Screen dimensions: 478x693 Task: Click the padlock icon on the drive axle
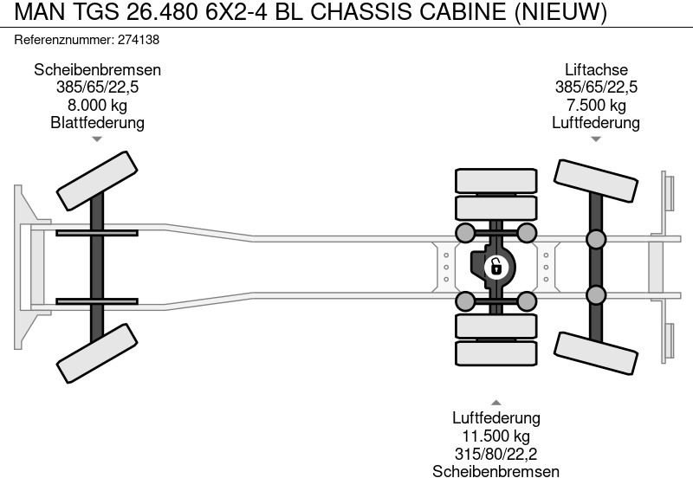[x=495, y=266]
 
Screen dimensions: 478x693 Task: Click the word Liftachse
[x=596, y=70]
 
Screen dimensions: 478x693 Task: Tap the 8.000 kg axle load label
[x=97, y=105]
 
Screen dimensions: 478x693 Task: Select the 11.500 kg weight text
[x=495, y=436]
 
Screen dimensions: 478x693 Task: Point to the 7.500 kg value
[x=596, y=105]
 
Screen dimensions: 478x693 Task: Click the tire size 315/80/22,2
[x=495, y=453]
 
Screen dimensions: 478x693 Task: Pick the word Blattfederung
[x=97, y=122]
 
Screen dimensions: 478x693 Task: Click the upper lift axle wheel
[x=596, y=178]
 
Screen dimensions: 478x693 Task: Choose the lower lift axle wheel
[x=596, y=352]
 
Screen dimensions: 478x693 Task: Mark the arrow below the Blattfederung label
[x=97, y=139]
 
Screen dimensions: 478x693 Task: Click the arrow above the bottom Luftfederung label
[x=495, y=403]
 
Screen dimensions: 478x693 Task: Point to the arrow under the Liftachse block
[x=596, y=139]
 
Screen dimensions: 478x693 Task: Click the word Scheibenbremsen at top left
[x=97, y=70]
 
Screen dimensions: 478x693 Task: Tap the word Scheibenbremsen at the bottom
[x=495, y=470]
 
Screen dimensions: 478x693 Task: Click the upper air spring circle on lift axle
[x=596, y=240]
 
